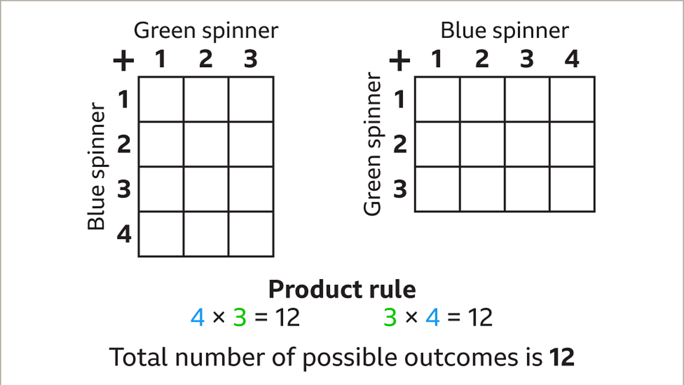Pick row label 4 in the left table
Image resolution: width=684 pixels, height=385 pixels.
(124, 234)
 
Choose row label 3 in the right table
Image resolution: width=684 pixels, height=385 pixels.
(400, 189)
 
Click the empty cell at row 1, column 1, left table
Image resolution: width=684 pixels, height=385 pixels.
(161, 99)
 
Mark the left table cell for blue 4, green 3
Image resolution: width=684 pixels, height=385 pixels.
(251, 234)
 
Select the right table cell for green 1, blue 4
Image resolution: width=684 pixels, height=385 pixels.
(572, 99)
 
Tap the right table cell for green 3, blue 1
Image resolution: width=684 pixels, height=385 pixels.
(437, 189)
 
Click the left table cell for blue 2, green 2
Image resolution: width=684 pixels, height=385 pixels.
(206, 144)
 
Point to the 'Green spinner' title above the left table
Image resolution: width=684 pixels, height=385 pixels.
(206, 30)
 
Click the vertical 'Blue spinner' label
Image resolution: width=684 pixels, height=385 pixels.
(97, 167)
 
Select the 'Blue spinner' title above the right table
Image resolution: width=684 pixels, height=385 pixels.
(504, 30)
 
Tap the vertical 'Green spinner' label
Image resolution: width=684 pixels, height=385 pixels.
(373, 144)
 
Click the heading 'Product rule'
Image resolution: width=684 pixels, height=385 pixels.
(342, 290)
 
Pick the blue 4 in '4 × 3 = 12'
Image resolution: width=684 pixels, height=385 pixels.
(198, 318)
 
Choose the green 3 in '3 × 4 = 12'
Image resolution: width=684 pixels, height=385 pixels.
(390, 318)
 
